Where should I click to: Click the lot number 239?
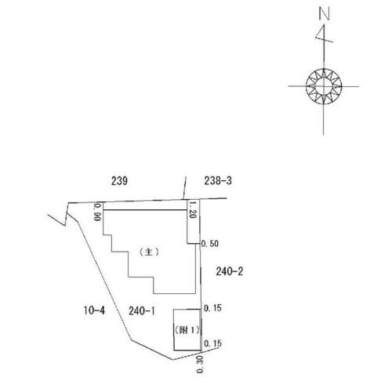tap(119, 180)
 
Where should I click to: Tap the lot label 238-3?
tap(218, 180)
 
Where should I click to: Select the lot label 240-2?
tap(230, 271)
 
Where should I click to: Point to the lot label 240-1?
tap(142, 310)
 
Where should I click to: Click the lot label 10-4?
tap(94, 310)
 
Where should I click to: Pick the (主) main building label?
tap(149, 252)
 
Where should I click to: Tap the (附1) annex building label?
tap(187, 330)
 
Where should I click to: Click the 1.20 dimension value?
tap(193, 209)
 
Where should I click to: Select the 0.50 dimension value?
tap(210, 244)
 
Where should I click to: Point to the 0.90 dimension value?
tap(97, 212)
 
